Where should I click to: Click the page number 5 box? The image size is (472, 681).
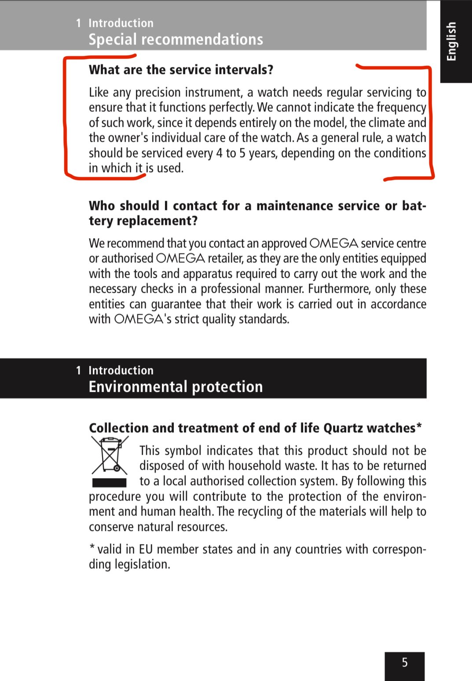pos(405,663)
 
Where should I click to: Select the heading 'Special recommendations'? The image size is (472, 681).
pos(176,40)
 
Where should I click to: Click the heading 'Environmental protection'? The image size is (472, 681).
pos(176,387)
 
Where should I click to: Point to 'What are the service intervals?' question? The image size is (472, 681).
pos(181,70)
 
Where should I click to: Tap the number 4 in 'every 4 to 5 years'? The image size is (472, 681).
pos(219,153)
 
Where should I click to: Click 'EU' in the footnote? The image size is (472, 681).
pos(146,549)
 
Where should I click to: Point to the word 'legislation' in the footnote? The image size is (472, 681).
pos(142,564)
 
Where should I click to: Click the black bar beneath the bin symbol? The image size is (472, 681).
pos(109,482)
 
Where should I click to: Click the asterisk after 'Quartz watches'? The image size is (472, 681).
pos(419,426)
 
